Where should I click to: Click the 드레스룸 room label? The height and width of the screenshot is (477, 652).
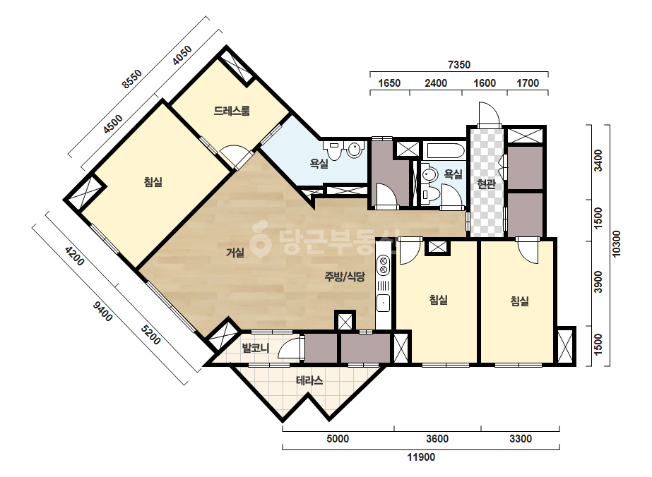(232, 111)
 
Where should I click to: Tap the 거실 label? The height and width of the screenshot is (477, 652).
(235, 252)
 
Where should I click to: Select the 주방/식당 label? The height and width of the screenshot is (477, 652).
(345, 277)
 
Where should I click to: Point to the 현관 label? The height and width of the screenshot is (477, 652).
(486, 183)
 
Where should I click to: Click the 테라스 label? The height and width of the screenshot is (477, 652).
(309, 380)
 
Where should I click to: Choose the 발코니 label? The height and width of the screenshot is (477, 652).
(256, 348)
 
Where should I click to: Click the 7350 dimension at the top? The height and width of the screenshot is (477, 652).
(459, 65)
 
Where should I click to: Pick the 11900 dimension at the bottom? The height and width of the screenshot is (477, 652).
(421, 457)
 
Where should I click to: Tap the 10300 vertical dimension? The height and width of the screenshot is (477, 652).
(616, 244)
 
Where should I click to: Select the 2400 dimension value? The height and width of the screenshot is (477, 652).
(436, 83)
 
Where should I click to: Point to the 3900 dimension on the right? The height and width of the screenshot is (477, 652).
(598, 282)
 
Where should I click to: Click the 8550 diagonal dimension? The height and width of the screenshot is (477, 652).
(132, 79)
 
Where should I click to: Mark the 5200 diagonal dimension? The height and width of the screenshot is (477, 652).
(150, 335)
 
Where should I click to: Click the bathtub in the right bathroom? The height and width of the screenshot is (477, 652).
(444, 151)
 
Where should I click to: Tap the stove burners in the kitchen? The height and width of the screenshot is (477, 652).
(383, 266)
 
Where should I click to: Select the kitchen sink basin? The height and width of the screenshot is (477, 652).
(383, 303)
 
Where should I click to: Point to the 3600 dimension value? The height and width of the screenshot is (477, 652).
(437, 439)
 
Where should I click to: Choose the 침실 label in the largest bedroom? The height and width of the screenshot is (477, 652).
(153, 181)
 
